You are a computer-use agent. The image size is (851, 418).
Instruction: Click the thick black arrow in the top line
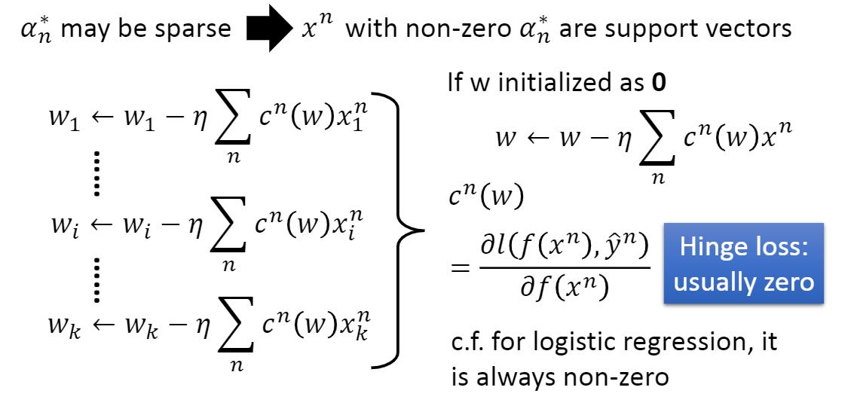coord(267,29)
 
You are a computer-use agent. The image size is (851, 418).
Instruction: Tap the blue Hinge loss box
coord(743,264)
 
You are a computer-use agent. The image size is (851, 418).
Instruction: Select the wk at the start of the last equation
coord(63,329)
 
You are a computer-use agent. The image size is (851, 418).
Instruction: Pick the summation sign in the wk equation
coord(231,331)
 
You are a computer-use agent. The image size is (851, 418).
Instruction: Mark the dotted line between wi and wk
coord(97,279)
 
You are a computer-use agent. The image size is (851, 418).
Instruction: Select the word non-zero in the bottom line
coord(611,376)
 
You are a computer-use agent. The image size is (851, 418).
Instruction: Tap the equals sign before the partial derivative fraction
coord(460,268)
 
